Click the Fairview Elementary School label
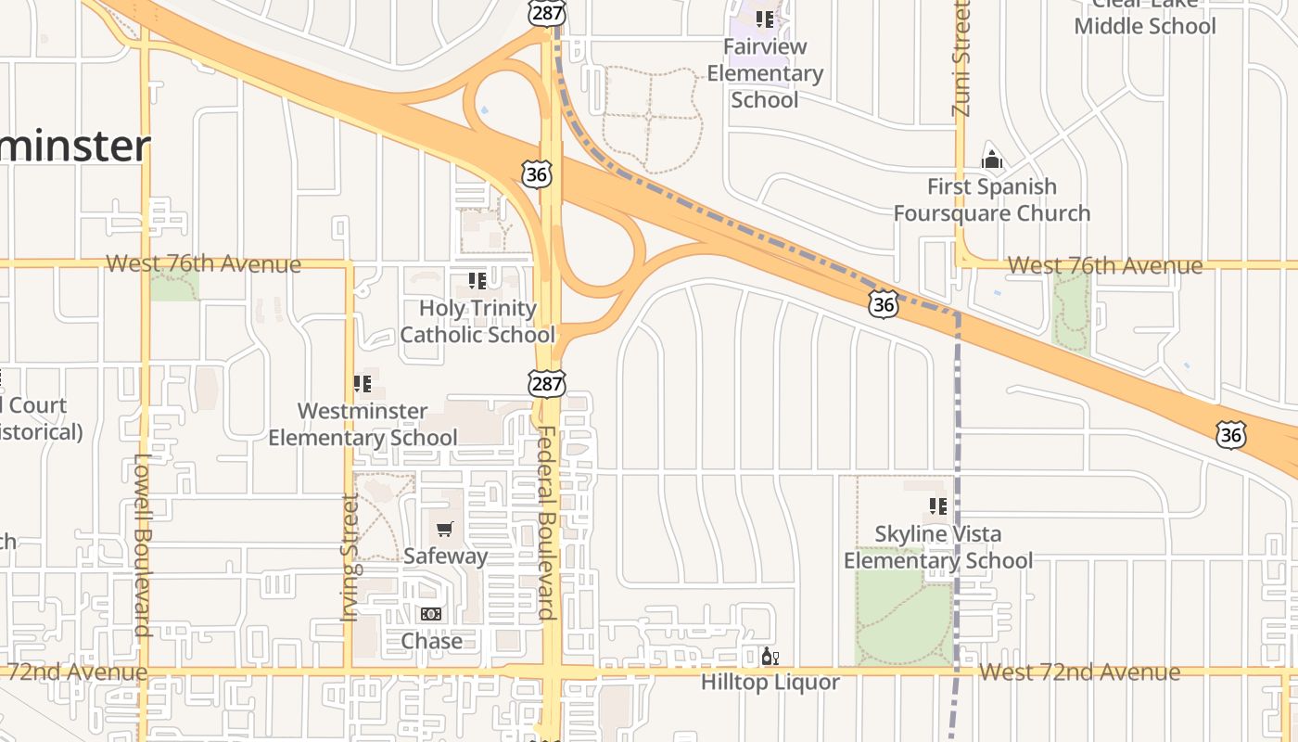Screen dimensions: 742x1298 [x=765, y=73]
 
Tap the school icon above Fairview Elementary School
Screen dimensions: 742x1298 [x=765, y=19]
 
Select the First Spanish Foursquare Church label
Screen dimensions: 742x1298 [x=991, y=199]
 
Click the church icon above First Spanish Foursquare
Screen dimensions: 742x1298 [x=991, y=160]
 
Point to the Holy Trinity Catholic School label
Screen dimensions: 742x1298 [x=477, y=321]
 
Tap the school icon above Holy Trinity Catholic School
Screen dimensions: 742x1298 [x=477, y=280]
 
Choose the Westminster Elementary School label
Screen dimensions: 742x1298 [x=363, y=424]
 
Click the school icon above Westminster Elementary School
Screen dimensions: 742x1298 [x=363, y=383]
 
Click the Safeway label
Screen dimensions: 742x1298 [x=445, y=556]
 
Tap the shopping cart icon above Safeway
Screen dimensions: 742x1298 [x=445, y=529]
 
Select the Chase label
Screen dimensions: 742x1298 [x=431, y=641]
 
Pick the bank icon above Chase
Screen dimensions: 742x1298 [x=431, y=614]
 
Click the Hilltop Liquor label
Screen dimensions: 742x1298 [x=770, y=683]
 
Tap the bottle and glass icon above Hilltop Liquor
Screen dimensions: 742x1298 [x=770, y=657]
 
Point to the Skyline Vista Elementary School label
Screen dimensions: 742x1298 [x=937, y=547]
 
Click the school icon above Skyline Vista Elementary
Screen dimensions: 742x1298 [x=937, y=506]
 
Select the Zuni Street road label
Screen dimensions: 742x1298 [x=961, y=58]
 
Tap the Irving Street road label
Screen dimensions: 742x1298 [x=350, y=557]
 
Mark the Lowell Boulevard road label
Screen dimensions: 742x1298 [x=141, y=544]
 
